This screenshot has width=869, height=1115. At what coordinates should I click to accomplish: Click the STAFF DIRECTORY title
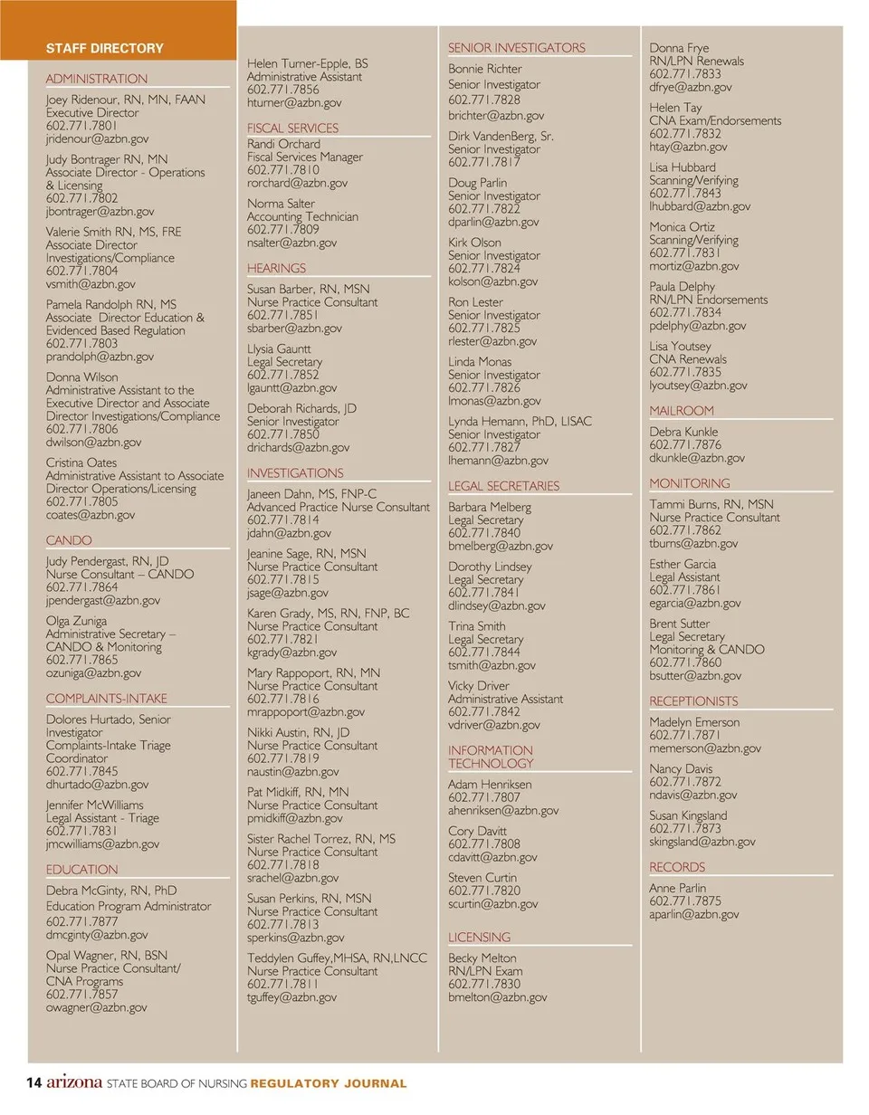[105, 48]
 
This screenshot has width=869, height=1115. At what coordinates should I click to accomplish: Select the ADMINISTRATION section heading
[97, 79]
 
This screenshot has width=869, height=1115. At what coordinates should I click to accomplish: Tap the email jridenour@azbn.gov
[97, 139]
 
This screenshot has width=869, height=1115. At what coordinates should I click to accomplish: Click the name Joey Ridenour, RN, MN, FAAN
[126, 100]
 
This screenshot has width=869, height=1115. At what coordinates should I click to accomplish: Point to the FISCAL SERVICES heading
[292, 129]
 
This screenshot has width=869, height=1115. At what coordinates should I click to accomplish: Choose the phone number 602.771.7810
[283, 170]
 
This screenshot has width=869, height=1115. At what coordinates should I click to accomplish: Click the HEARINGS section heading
[276, 269]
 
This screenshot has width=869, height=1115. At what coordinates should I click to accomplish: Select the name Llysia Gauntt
[279, 348]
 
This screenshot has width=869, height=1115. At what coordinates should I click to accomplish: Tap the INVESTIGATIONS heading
[295, 473]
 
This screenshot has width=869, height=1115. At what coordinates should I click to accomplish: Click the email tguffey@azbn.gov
[291, 997]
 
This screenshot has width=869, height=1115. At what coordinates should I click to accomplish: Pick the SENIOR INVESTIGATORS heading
[517, 48]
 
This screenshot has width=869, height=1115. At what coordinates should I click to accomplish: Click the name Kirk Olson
[474, 243]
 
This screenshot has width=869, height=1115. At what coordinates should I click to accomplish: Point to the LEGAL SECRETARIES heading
[504, 486]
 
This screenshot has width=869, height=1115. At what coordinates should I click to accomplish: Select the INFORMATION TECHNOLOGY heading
[491, 757]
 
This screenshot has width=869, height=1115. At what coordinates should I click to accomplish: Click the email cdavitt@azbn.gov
[492, 857]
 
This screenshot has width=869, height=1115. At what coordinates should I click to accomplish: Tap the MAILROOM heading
[682, 411]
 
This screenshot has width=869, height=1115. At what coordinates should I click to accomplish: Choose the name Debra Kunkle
[683, 432]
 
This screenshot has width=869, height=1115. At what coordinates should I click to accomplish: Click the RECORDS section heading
[677, 867]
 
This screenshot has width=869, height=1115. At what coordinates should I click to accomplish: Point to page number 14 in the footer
[34, 1083]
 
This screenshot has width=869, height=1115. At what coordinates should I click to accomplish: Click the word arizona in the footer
[74, 1082]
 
